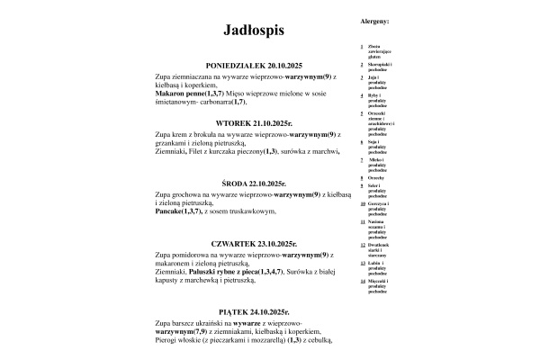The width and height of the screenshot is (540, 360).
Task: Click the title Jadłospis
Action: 254,31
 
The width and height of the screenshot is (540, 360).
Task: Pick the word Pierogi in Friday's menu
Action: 167,340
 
